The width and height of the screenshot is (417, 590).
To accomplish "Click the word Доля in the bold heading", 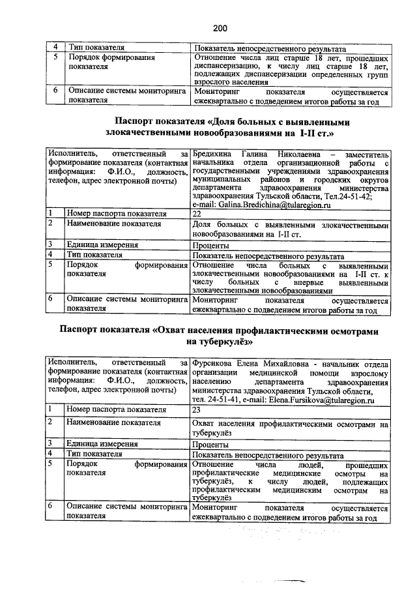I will click(x=227, y=121).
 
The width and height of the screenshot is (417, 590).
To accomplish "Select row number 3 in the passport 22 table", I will click(x=50, y=246).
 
